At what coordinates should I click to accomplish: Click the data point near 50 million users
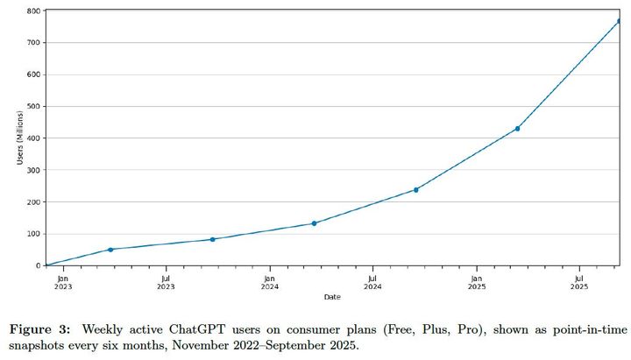[x=110, y=250]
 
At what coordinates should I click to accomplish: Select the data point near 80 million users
[x=213, y=239]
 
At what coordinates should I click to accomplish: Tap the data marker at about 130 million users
[x=314, y=223]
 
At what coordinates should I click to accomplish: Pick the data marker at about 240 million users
[x=416, y=189]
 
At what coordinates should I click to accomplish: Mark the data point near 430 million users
[x=517, y=129]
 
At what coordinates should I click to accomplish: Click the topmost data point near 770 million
[x=619, y=21]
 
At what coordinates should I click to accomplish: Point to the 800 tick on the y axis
[x=33, y=11]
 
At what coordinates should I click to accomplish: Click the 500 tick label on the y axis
[x=33, y=107]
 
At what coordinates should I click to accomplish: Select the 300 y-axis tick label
[x=33, y=170]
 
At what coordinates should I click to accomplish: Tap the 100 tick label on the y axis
[x=33, y=234]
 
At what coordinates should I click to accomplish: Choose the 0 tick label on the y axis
[x=38, y=265]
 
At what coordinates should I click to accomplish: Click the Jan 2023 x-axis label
[x=63, y=281]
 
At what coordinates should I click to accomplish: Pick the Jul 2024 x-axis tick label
[x=372, y=281]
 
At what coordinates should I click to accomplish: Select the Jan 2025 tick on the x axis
[x=477, y=281]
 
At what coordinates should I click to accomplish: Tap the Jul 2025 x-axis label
[x=579, y=281]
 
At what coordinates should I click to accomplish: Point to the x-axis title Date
[x=332, y=297]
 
